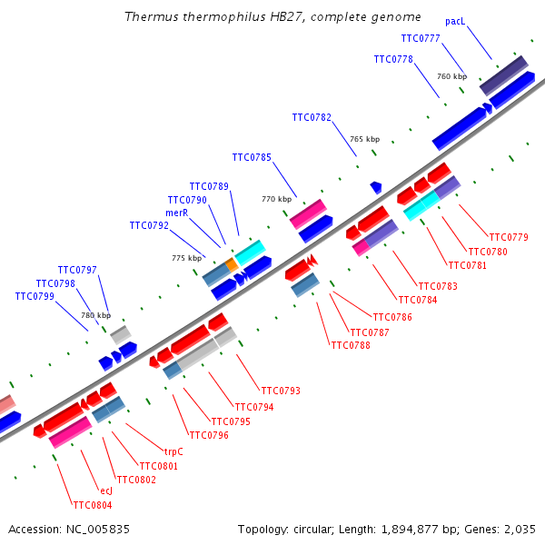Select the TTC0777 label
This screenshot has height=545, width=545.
(420, 38)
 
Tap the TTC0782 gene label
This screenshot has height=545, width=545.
(312, 117)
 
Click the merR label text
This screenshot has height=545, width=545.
(176, 213)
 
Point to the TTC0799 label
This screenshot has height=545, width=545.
(35, 296)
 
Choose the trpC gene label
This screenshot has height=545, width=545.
(173, 451)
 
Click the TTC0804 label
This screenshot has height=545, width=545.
(93, 505)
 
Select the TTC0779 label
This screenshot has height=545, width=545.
(509, 238)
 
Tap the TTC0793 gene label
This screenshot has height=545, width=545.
(281, 391)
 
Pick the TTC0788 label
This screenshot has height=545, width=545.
(351, 345)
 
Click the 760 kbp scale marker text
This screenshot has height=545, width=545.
(451, 77)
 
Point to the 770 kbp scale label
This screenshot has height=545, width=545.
(277, 199)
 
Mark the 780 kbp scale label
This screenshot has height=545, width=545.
(95, 316)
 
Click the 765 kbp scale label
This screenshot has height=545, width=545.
(364, 139)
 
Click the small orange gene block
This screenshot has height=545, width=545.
(232, 263)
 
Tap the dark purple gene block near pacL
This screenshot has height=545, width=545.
(503, 74)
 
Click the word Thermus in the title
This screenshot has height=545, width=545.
(146, 17)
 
